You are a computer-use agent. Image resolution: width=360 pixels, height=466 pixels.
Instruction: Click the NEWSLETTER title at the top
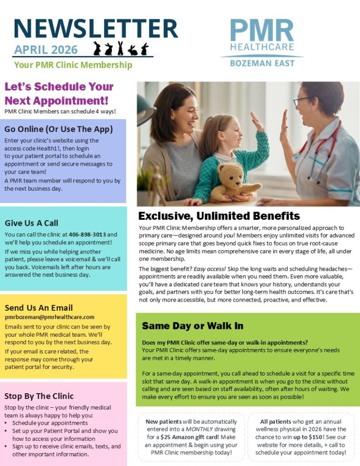96,28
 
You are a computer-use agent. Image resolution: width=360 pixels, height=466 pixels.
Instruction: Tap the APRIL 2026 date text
46,50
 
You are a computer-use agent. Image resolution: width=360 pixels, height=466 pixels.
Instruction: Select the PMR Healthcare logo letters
262,31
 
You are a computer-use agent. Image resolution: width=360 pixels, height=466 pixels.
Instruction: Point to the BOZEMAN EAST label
262,63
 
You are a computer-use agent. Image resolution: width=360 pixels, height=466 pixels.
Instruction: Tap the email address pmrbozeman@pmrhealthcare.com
50,317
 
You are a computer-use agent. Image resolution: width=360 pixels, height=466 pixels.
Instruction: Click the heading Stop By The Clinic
39,396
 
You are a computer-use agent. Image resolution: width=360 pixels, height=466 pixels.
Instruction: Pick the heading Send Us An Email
39,308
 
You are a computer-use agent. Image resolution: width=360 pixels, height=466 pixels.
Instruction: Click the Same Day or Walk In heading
193,326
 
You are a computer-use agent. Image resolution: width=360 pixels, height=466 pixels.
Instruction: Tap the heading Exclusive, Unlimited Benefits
219,216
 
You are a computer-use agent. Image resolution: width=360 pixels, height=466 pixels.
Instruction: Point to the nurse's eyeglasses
301,101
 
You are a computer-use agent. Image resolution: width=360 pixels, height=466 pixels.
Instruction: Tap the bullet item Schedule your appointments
43,423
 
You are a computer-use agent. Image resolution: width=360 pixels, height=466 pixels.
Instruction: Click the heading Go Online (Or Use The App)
58,129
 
